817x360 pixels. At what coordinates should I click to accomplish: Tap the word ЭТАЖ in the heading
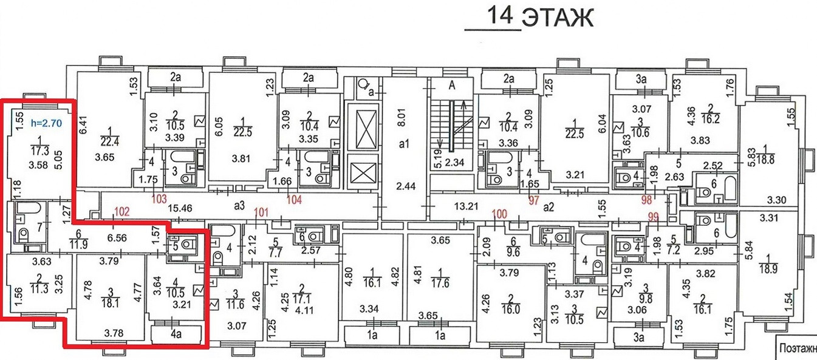557,18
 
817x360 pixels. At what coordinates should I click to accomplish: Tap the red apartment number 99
654,217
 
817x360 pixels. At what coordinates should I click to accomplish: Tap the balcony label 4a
177,334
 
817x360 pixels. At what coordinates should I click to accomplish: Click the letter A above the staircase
451,86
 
